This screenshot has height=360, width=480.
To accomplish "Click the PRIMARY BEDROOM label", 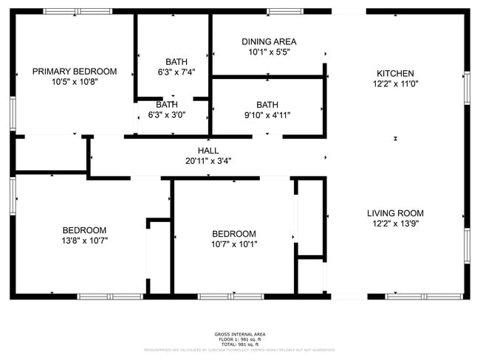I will click(74, 72).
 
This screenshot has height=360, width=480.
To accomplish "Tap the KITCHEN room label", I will click(395, 73).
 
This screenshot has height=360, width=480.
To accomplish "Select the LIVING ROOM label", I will click(395, 213).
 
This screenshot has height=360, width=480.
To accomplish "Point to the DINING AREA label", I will click(269, 42).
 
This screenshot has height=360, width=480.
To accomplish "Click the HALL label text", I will click(208, 150).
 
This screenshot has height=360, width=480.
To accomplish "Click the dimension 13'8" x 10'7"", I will click(84, 240).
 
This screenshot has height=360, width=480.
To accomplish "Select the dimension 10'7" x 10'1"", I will click(234, 244).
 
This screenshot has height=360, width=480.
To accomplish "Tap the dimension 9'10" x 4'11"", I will click(267, 115).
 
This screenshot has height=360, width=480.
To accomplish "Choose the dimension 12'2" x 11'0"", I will click(395, 84).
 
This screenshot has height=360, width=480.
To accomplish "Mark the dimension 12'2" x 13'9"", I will click(395, 224).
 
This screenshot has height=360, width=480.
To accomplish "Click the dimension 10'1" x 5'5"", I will click(269, 53).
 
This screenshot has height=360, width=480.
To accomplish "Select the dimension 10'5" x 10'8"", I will click(74, 83).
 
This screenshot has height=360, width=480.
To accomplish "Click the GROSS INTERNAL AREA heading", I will click(240, 334).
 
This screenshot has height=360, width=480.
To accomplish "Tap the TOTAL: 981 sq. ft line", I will click(240, 345).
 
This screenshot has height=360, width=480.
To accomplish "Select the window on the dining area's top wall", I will click(284, 11).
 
